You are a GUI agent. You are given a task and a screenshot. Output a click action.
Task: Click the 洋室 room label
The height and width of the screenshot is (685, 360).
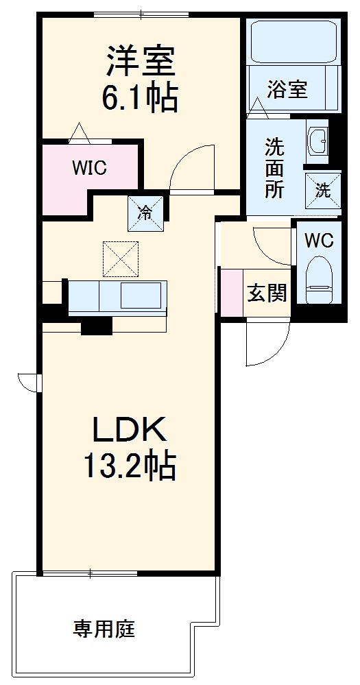click(x=141, y=61)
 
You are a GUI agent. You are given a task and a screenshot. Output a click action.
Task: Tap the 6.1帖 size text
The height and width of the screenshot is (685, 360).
click(x=141, y=98)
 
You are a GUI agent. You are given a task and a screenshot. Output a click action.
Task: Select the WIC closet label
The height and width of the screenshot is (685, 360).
click(x=90, y=169)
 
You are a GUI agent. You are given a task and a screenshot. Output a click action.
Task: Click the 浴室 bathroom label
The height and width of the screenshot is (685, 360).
click(x=287, y=89)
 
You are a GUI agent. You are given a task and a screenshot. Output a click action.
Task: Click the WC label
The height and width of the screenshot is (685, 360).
click(x=319, y=241)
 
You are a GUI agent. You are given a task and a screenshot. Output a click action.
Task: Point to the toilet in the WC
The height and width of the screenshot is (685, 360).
click(x=318, y=279)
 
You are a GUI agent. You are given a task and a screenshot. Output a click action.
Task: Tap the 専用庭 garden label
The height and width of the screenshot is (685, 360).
click(x=104, y=628)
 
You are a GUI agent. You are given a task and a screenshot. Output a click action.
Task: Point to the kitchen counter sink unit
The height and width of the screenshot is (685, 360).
click(x=117, y=297)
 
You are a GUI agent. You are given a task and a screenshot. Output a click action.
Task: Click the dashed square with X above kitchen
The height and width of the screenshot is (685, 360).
click(x=120, y=259)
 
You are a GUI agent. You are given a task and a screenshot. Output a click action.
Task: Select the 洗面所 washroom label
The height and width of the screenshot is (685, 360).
click(x=274, y=168)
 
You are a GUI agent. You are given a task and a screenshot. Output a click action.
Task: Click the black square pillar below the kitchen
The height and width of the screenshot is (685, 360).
click(x=96, y=327)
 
